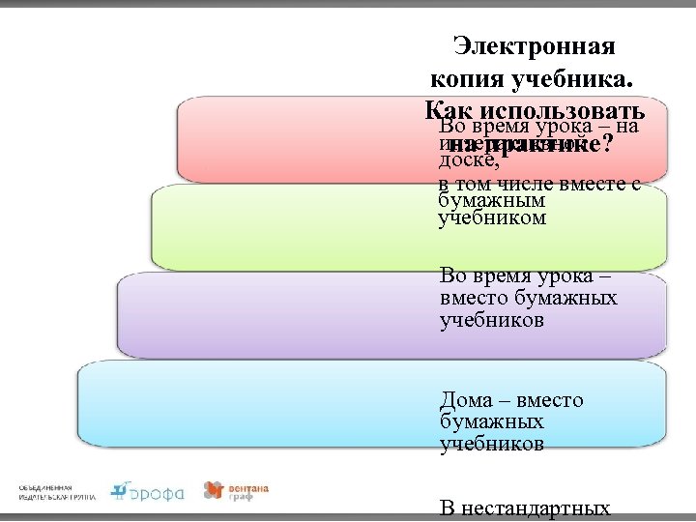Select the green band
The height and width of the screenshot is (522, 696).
pos(290,227)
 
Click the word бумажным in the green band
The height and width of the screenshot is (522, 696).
pos(492,201)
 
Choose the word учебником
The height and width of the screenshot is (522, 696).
pos(492,218)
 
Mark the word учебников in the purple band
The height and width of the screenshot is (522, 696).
pos(491,319)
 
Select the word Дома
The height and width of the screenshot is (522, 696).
pos(467,400)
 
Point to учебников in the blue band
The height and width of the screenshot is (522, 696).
pos(491,444)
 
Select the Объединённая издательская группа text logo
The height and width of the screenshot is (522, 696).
pos(57,491)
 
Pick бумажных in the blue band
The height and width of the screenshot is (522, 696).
pos(491,422)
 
